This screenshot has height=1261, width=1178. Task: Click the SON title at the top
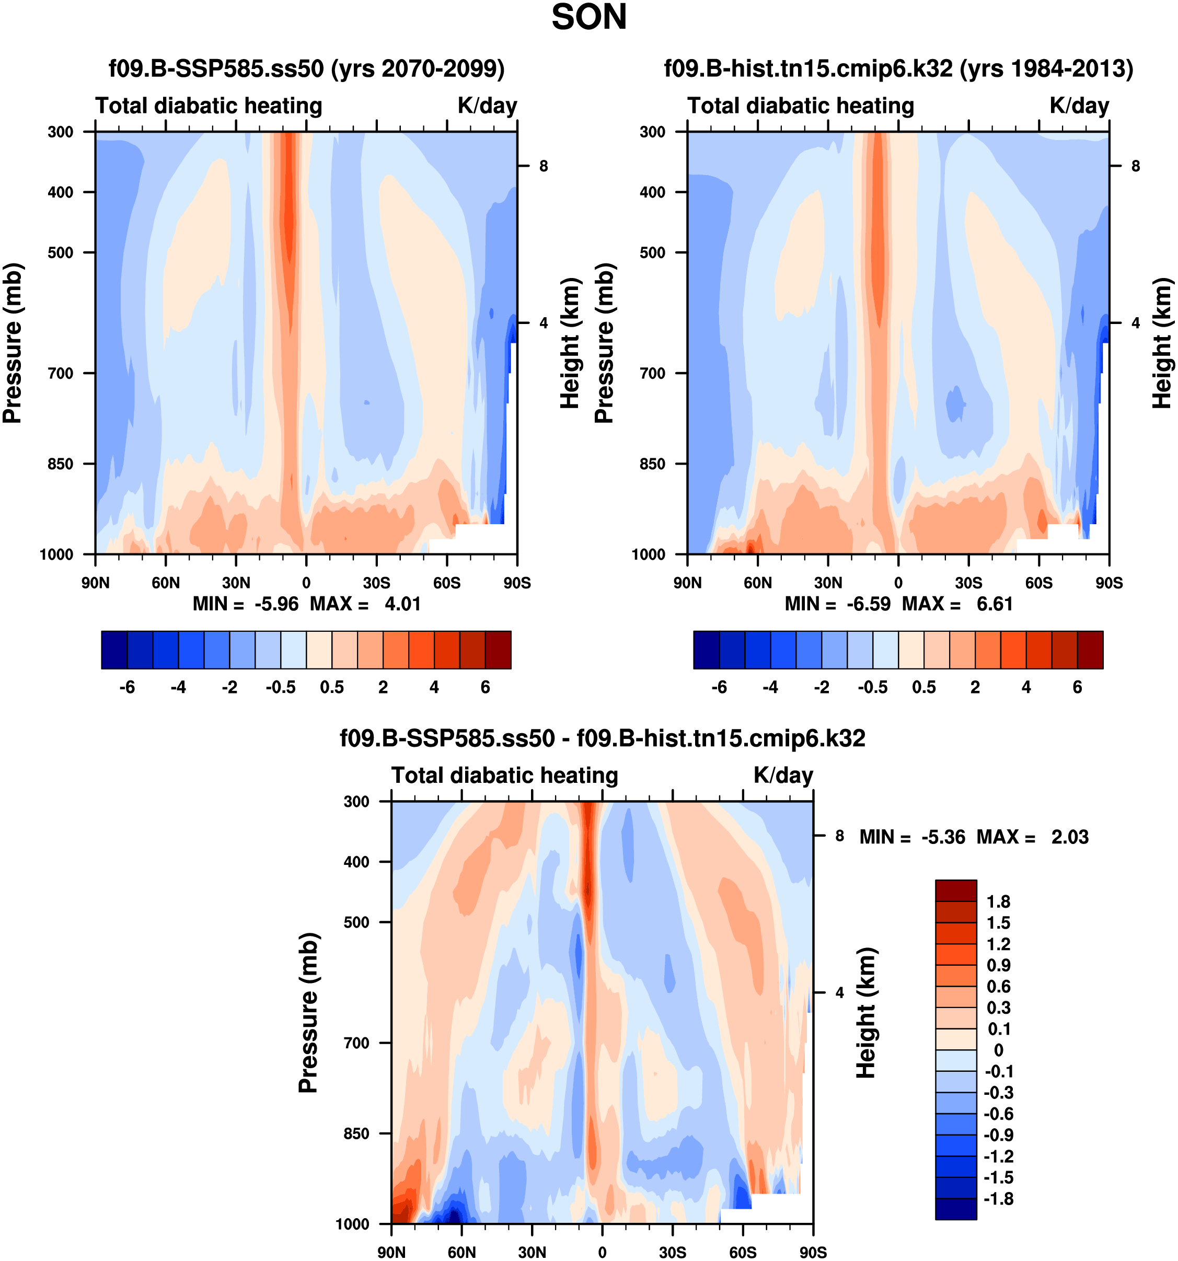[x=588, y=18]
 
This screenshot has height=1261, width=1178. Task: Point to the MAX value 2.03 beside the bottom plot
[x=1069, y=837]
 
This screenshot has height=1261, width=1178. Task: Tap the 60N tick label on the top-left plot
[x=166, y=582]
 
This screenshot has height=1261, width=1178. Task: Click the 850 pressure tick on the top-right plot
[x=652, y=464]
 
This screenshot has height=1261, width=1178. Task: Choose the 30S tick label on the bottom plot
[x=673, y=1252]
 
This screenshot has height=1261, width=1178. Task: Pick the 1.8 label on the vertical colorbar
[x=998, y=901]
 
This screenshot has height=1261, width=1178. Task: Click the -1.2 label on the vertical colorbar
[x=998, y=1156]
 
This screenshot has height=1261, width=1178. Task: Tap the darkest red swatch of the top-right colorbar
[x=1090, y=650]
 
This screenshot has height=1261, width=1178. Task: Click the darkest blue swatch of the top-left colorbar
[x=114, y=650]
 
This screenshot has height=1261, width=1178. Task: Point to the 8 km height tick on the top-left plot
[x=544, y=166]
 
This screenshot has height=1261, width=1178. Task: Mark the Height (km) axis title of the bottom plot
[x=866, y=1013]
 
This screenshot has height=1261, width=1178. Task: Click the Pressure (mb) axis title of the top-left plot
[x=13, y=343]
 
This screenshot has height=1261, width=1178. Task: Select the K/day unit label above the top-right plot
[x=1079, y=105]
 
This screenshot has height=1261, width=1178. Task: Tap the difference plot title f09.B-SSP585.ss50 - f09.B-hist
[x=602, y=738]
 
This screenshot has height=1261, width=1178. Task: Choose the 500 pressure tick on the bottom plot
[x=356, y=922]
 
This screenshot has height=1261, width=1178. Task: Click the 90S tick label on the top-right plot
[x=1109, y=582]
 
